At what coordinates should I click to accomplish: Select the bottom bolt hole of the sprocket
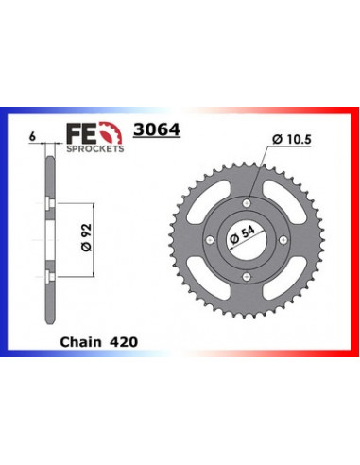pos(245,276)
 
